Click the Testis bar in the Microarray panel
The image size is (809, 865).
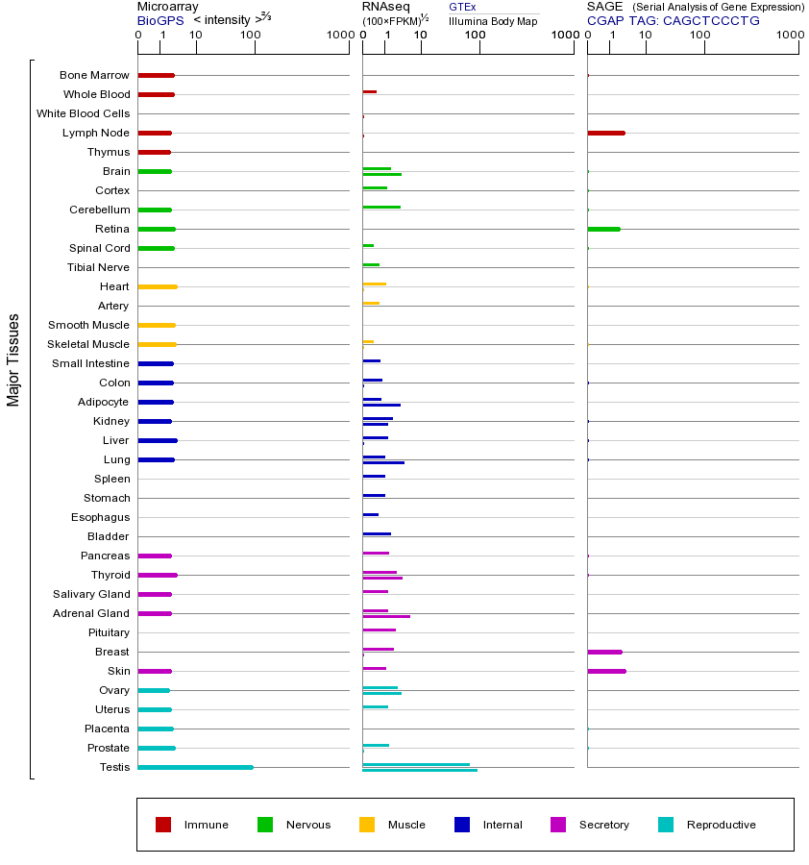tap(195, 767)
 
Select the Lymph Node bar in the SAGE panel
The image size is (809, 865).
tap(605, 133)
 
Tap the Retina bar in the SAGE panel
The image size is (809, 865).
tap(603, 229)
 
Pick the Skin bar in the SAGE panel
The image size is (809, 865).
tap(606, 671)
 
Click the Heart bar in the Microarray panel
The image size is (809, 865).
tap(158, 286)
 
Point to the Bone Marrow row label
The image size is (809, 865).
tap(94, 75)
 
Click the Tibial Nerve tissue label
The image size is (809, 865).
tap(98, 267)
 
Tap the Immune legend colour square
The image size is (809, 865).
tap(163, 825)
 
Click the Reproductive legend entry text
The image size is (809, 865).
tap(721, 825)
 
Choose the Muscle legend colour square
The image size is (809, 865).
tap(367, 825)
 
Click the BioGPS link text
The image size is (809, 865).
tap(158, 20)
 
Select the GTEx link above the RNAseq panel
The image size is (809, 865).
tap(462, 7)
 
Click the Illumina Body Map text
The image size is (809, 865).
tap(493, 20)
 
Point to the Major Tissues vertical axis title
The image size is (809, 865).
tap(13, 359)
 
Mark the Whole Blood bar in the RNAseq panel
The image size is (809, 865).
tap(369, 92)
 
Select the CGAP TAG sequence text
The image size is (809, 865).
tap(673, 20)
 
